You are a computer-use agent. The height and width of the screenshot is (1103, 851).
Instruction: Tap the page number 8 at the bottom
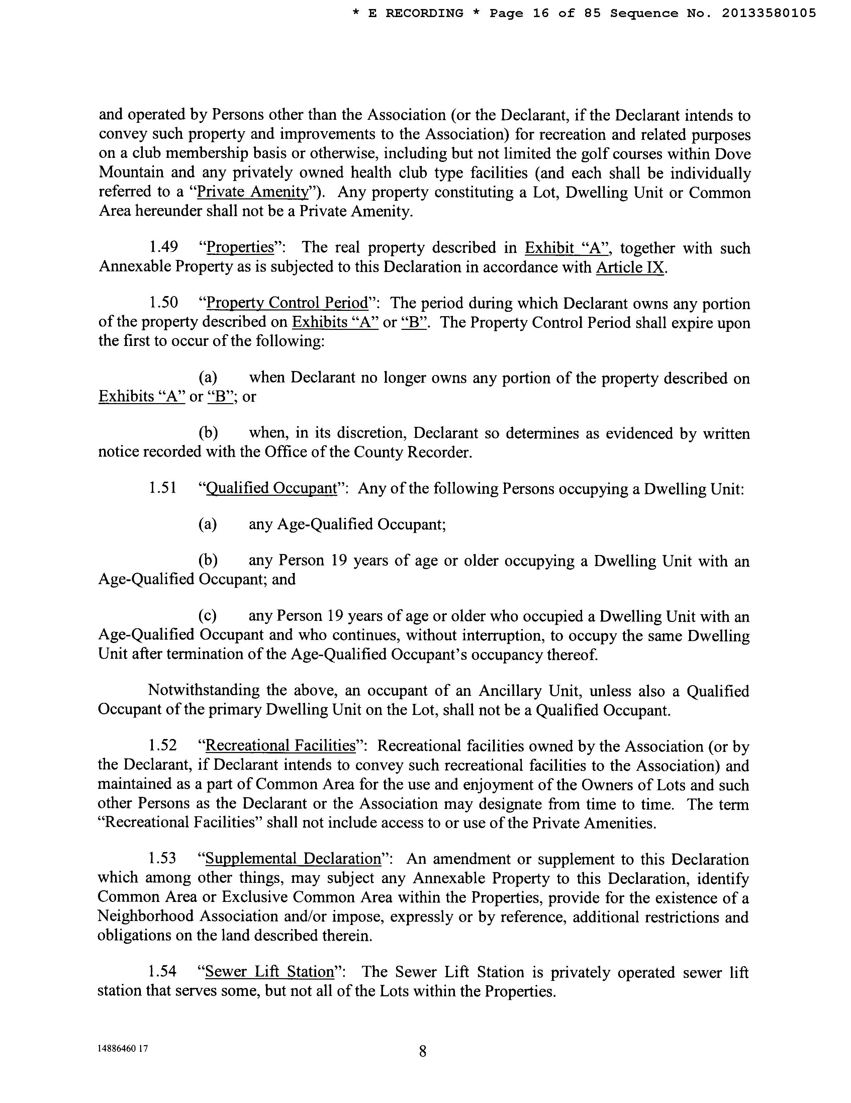(423, 1051)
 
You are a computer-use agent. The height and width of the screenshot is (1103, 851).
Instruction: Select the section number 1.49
(163, 248)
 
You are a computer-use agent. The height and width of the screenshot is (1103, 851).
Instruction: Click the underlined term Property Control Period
(287, 303)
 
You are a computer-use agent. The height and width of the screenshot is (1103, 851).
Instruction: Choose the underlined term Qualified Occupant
(272, 488)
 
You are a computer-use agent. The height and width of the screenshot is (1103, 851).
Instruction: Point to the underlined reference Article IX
(629, 267)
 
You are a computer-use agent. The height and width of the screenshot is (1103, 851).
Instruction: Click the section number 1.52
(163, 746)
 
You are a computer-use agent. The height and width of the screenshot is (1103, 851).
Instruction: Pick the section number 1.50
(163, 303)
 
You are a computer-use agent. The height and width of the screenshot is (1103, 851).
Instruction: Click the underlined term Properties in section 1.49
(240, 248)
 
